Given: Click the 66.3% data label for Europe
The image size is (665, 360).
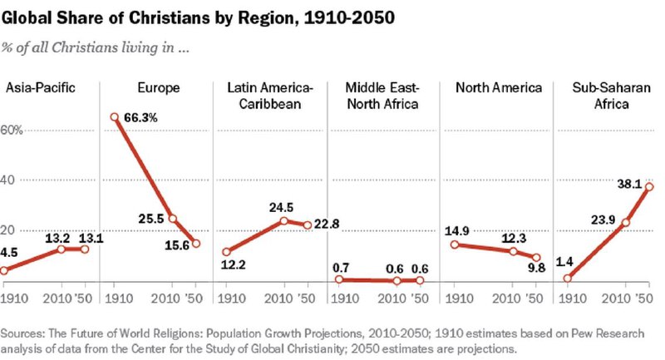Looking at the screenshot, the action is point(140,118).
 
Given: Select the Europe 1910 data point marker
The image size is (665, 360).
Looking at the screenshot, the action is point(114,117).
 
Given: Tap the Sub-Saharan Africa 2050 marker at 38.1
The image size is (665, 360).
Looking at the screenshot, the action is point(649,186).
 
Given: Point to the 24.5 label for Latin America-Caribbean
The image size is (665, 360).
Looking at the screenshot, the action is point(281,207).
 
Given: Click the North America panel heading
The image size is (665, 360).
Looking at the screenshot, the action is point(499,88).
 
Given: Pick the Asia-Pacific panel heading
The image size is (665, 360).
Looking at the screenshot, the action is point(40,88).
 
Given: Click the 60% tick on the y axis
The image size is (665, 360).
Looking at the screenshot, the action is point(12,130).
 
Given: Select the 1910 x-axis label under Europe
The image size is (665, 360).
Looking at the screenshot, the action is point(119,298).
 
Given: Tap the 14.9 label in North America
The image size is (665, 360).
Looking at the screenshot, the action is point(456,231).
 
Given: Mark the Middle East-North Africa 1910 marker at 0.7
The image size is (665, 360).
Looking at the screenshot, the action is point(339,279).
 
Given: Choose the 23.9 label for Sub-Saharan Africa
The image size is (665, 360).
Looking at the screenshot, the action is point(603,219).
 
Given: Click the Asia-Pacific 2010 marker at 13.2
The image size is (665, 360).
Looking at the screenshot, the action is point(61,249).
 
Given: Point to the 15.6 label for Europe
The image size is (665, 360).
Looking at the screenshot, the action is point(177,245).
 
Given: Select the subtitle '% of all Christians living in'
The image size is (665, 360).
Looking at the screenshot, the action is point(95,47).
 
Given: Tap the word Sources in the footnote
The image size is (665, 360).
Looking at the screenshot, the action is point(22,333).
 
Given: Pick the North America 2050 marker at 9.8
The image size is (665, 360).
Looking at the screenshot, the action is point(536,258).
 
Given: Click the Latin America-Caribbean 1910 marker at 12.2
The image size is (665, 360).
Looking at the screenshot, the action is point(227,252).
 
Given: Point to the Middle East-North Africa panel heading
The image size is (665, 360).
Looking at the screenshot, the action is point(382,96).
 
